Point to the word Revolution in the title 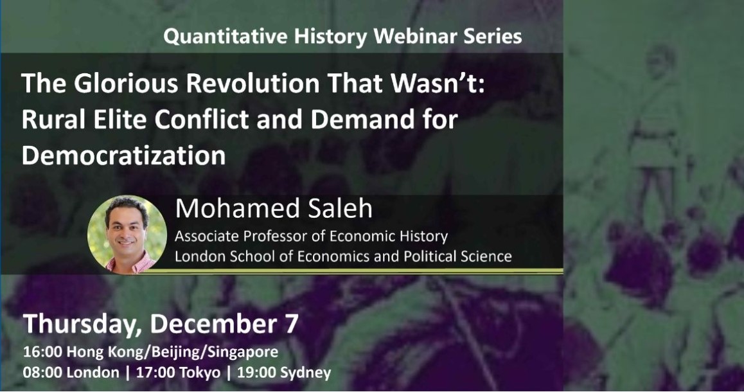coord(253,83)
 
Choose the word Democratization coord(123,155)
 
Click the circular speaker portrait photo coord(127,235)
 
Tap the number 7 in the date coord(292,323)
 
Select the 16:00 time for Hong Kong coord(42,352)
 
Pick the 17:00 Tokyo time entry coord(179,373)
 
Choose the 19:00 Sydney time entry coord(284,373)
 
